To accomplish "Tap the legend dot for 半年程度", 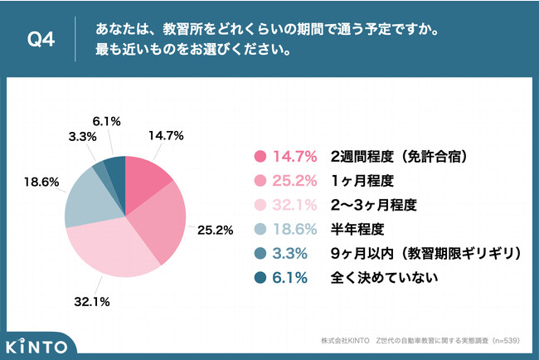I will pos(259,226).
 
